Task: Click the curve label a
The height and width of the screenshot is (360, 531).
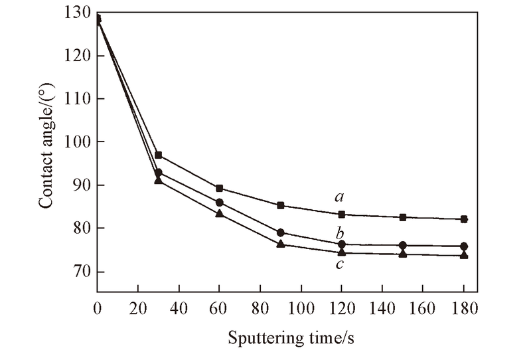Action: (x=340, y=197)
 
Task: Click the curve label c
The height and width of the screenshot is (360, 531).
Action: (x=340, y=264)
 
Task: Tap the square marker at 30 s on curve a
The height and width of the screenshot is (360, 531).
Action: (x=159, y=155)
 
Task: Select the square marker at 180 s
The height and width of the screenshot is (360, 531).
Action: (x=464, y=219)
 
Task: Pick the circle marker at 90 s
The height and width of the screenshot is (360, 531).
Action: (x=281, y=232)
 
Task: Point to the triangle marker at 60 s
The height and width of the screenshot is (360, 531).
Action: (x=220, y=213)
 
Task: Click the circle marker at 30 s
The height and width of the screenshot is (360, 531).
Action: (x=159, y=173)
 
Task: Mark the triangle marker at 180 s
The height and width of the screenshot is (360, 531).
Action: (x=464, y=255)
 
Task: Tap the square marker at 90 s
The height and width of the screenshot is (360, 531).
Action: (x=281, y=205)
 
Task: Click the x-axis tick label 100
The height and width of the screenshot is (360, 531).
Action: (x=301, y=310)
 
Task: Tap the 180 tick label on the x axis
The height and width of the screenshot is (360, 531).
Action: (x=464, y=310)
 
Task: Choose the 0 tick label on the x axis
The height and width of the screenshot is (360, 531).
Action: (x=98, y=310)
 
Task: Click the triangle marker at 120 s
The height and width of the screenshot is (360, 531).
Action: (x=342, y=252)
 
